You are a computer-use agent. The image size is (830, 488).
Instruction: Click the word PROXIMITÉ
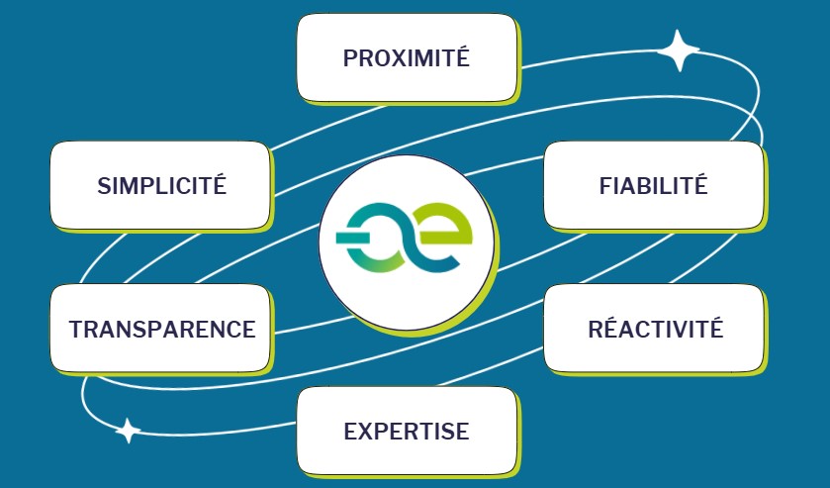(406, 56)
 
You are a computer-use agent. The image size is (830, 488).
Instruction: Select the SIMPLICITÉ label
(162, 184)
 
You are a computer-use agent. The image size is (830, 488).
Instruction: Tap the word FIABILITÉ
(653, 184)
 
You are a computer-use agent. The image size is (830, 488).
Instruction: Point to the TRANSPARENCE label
(162, 329)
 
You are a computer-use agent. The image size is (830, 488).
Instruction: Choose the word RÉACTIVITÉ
(655, 328)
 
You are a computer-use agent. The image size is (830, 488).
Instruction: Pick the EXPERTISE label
(407, 431)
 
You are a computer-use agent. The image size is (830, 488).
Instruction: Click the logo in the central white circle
(405, 238)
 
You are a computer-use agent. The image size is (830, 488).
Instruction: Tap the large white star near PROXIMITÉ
(678, 50)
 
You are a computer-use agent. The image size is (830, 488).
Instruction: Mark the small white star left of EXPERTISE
(128, 431)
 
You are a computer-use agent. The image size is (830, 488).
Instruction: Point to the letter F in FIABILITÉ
(605, 186)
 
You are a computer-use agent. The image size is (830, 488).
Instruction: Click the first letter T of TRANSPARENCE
(77, 329)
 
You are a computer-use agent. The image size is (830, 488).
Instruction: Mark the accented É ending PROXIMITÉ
(462, 56)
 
